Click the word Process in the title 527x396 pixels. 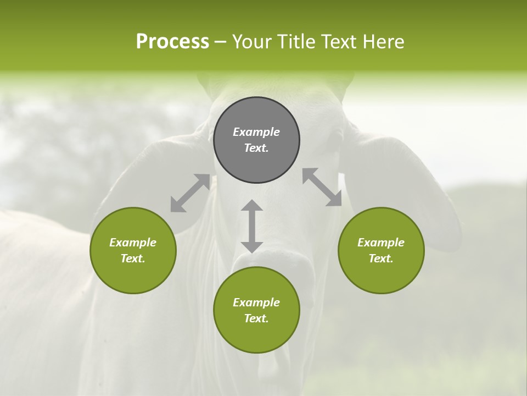[172, 42]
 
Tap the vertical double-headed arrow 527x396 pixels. [252, 226]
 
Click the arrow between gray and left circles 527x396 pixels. [190, 193]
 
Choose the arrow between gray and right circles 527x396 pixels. [322, 187]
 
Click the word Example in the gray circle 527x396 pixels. [256, 132]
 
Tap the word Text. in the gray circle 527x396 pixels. [256, 148]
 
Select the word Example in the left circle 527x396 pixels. [133, 243]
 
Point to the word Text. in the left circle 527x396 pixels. [133, 258]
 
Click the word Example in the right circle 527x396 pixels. [381, 243]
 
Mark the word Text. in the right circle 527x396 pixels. [381, 258]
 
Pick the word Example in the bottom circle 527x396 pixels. [256, 302]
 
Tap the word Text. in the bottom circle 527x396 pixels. [256, 318]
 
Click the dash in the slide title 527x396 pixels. [221, 42]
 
